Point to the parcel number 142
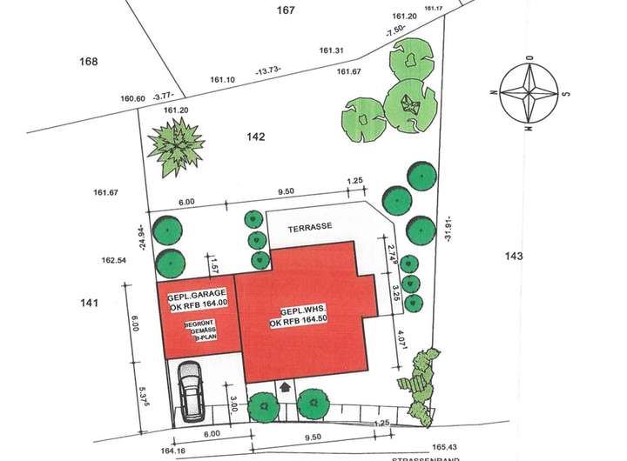[x=255, y=137]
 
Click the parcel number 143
[x=515, y=255]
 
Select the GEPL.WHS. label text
[x=304, y=312]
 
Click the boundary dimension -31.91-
[x=449, y=228]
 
